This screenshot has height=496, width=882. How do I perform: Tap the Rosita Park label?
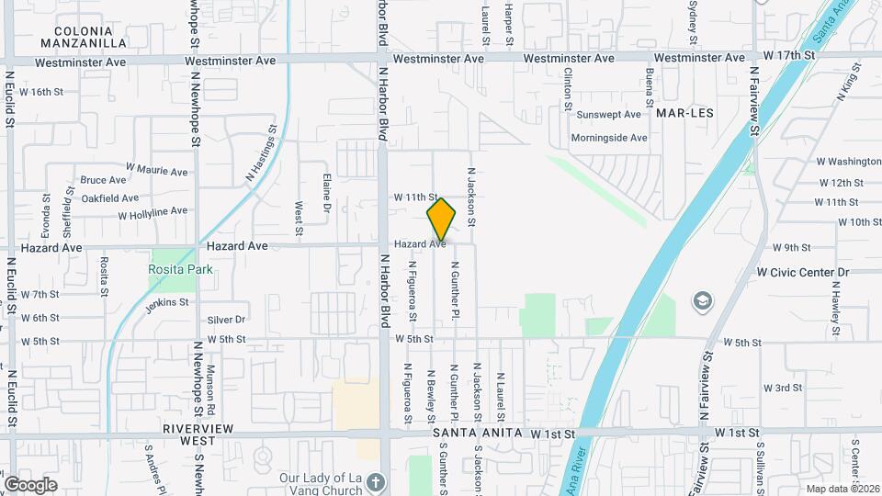pyautogui.click(x=180, y=269)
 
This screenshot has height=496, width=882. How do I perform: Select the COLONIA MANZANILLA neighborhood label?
pyautogui.click(x=84, y=37)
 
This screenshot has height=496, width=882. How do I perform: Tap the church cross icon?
pyautogui.click(x=375, y=481)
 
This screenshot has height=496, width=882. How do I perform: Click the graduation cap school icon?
pyautogui.click(x=702, y=301)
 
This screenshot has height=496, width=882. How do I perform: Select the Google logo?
pyautogui.click(x=30, y=485)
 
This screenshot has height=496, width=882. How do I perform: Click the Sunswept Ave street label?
pyautogui.click(x=608, y=115)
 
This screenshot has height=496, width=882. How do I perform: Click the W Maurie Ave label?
pyautogui.click(x=157, y=170)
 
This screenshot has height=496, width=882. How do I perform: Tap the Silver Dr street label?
pyautogui.click(x=226, y=320)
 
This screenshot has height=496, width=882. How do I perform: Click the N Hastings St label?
pyautogui.click(x=261, y=153)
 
